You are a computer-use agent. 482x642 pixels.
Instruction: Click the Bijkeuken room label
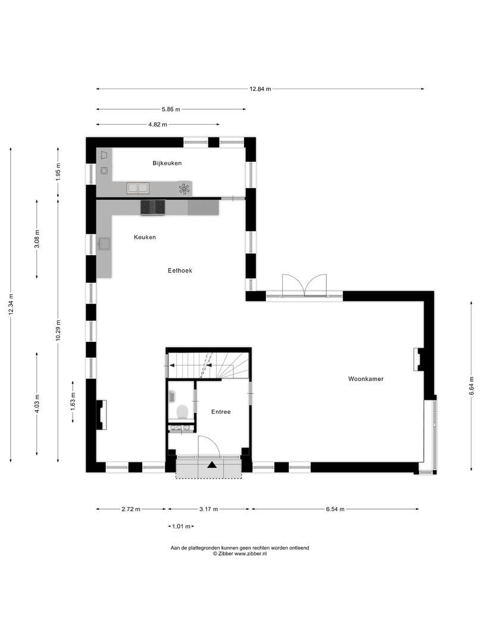click(x=167, y=163)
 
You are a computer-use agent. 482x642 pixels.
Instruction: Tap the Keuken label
click(x=145, y=237)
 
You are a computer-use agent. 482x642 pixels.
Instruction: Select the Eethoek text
click(x=180, y=270)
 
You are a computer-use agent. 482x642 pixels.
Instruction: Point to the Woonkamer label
click(x=366, y=378)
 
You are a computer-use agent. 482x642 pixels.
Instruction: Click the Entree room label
click(x=221, y=411)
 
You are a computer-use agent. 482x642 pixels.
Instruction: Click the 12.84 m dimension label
click(x=260, y=89)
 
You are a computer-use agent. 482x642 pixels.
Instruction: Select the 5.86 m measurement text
click(x=170, y=109)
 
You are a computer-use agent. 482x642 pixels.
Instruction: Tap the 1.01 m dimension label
click(x=181, y=526)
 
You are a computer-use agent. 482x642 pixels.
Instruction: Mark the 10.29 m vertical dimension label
click(x=58, y=330)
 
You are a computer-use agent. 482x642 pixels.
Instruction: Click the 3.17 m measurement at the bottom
click(x=208, y=509)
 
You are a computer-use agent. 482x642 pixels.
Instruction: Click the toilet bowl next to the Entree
click(x=183, y=411)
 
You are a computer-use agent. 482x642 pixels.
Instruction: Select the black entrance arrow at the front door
click(x=212, y=465)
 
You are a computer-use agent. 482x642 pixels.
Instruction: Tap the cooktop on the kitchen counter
click(x=152, y=207)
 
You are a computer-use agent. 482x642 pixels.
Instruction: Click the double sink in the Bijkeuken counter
click(x=138, y=188)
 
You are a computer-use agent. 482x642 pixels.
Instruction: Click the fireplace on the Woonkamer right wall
click(x=419, y=359)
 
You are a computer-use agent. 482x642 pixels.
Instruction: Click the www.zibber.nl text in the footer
click(x=250, y=553)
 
